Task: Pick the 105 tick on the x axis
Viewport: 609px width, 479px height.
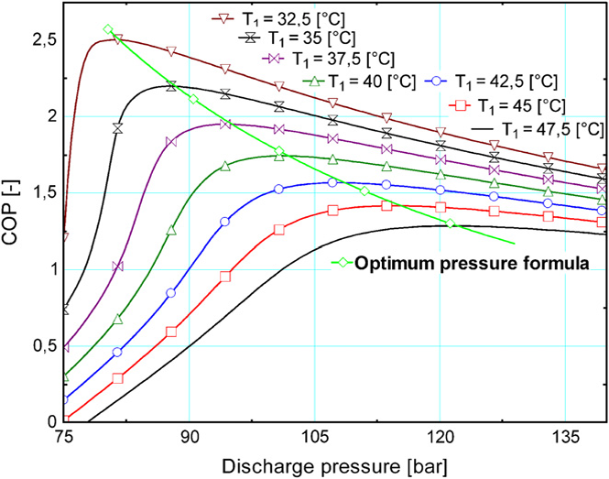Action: (x=315, y=436)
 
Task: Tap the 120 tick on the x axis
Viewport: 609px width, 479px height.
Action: (x=440, y=436)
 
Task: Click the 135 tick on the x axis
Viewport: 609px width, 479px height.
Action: (x=566, y=436)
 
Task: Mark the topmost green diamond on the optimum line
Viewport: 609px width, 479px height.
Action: (x=108, y=29)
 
